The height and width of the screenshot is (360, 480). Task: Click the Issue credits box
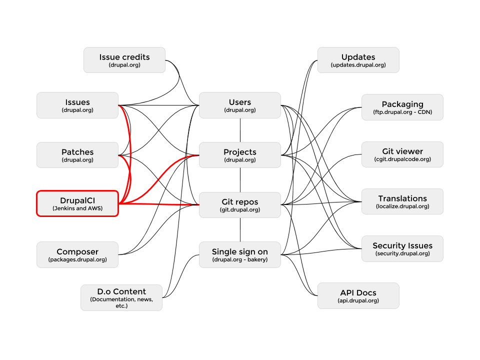tap(124, 60)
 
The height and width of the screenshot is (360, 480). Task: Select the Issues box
tap(77, 105)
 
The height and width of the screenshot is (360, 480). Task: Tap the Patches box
tap(77, 155)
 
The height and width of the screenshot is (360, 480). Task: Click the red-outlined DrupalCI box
tap(77, 203)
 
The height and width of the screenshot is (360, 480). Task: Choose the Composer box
tap(77, 254)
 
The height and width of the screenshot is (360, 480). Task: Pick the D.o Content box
tap(121, 298)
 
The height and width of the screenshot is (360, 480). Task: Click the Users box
tap(240, 105)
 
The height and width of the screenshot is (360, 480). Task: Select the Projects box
tap(240, 155)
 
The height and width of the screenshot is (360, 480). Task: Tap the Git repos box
tap(240, 205)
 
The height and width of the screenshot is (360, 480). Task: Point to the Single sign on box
tap(240, 254)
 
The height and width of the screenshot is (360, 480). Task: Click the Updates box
tap(358, 60)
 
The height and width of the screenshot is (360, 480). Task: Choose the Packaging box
tap(402, 107)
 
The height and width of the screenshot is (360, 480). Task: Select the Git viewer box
tap(402, 154)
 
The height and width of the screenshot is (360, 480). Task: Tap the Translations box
tap(402, 201)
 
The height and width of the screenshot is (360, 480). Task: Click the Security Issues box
tap(402, 248)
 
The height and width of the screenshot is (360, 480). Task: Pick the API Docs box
tap(358, 295)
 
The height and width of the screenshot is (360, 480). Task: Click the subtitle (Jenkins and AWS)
tap(77, 208)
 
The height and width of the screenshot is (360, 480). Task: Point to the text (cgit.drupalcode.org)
tap(402, 159)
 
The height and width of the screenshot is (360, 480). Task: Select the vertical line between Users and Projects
tap(240, 130)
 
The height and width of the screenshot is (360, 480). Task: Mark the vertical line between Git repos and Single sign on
tap(240, 230)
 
